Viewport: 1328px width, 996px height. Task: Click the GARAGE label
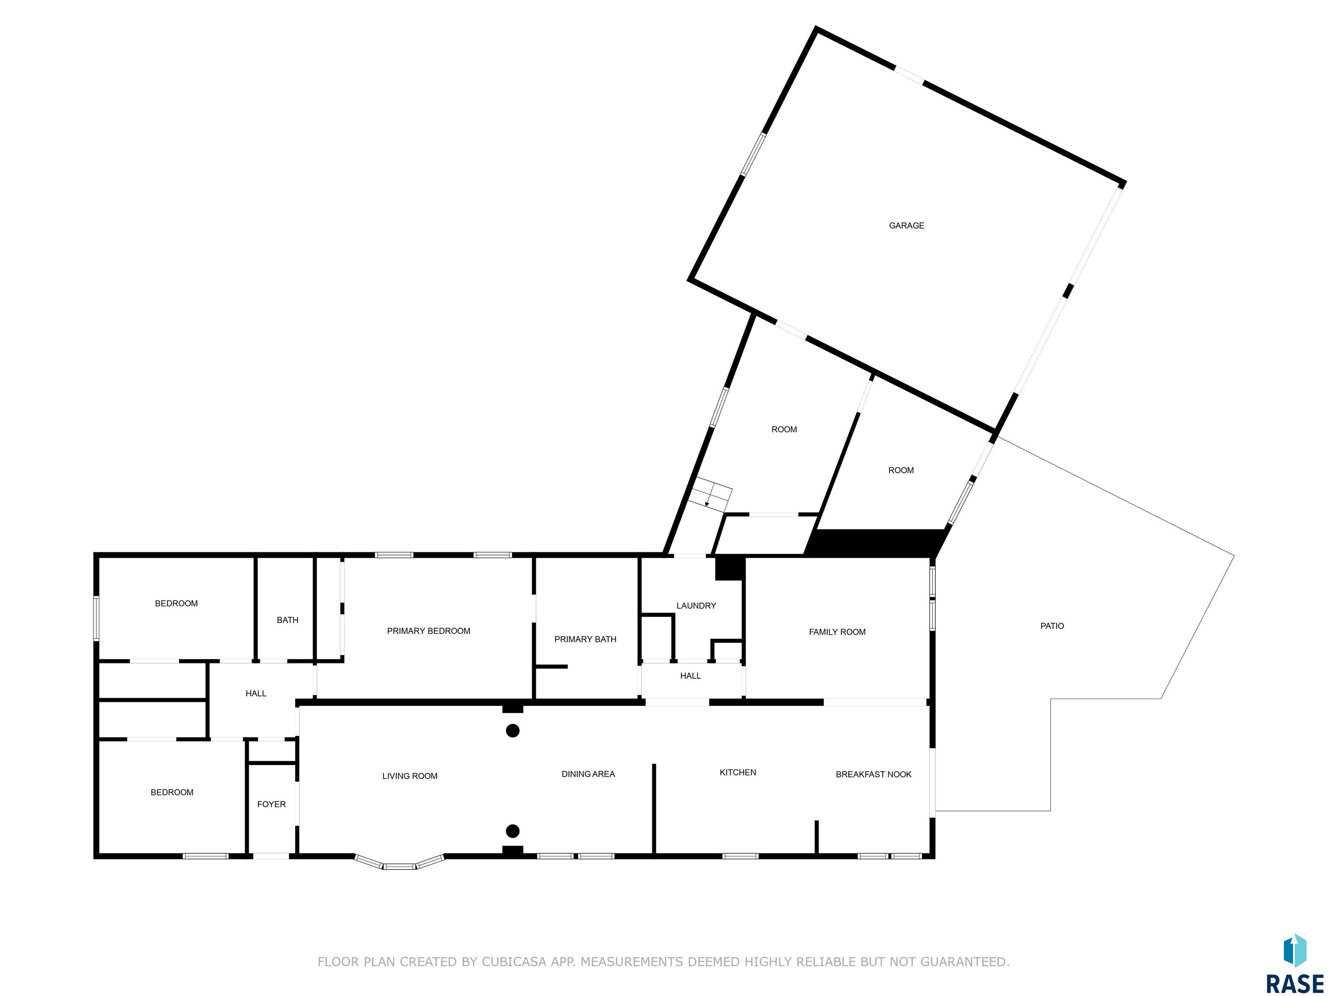pos(907,226)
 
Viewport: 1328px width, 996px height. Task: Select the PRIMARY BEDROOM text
pos(429,631)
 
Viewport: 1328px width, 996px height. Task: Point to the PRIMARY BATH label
pos(585,639)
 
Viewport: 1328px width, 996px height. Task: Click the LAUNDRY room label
pos(696,606)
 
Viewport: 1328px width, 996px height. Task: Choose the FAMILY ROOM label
pos(837,632)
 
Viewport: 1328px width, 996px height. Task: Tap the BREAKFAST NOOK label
pos(874,775)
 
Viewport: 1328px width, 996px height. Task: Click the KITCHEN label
pos(738,773)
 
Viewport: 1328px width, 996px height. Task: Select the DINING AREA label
pos(588,775)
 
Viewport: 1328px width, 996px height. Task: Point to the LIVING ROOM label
pos(410,776)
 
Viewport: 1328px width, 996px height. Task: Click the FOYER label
pos(271,804)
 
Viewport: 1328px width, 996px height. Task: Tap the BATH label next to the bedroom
pos(287,620)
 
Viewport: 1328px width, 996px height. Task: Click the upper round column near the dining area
pos(513,731)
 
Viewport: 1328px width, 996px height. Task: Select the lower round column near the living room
pos(513,831)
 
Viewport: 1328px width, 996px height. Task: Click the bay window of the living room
pos(399,863)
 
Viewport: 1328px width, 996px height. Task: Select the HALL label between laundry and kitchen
pos(690,676)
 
